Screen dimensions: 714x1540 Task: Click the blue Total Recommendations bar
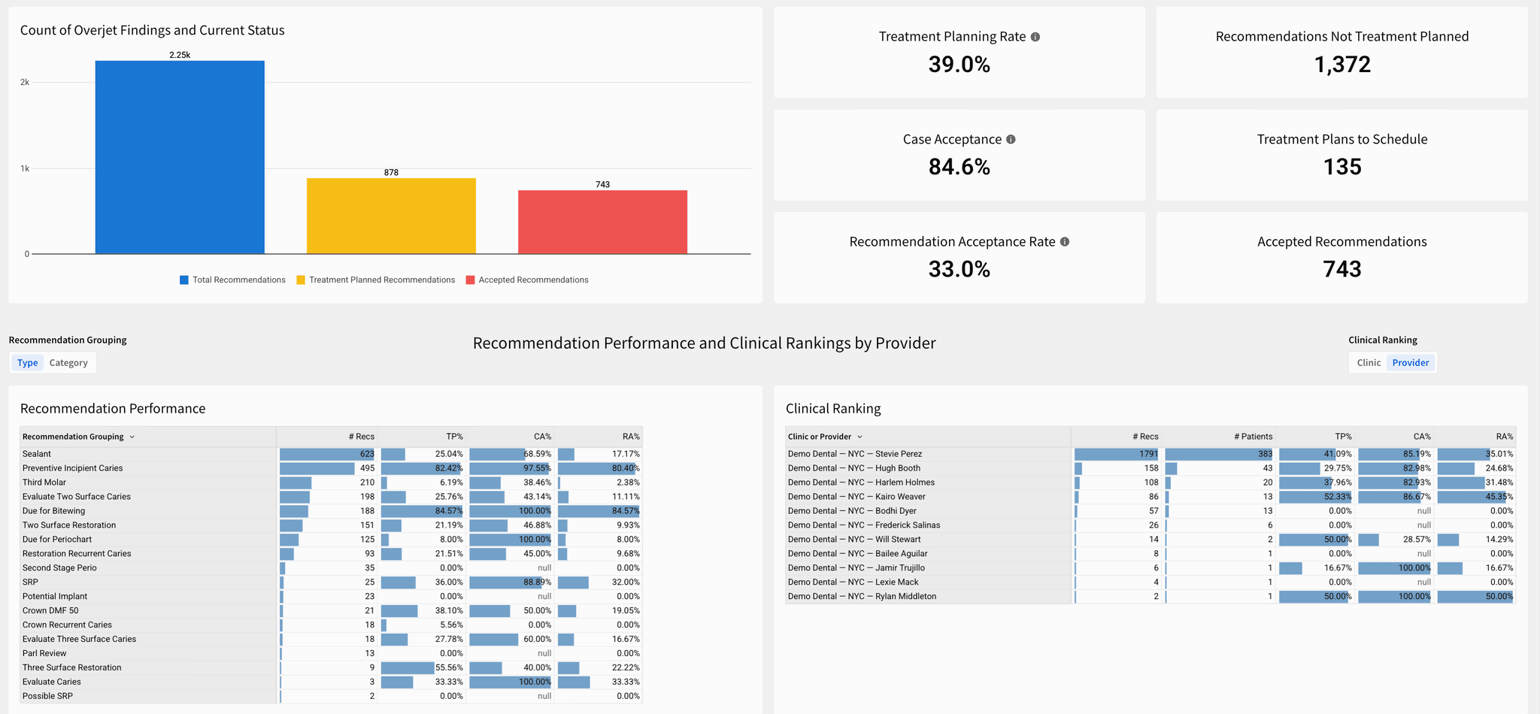click(180, 157)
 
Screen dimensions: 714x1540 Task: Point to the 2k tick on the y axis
click(25, 83)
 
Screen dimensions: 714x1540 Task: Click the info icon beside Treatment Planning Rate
click(1035, 37)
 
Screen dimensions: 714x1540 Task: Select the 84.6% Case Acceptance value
click(959, 166)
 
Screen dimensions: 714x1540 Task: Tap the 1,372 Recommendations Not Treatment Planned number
click(1341, 65)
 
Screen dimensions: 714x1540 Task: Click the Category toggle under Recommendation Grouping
click(68, 363)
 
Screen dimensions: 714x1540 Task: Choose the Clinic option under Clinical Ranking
click(1369, 363)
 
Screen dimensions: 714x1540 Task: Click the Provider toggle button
click(1410, 363)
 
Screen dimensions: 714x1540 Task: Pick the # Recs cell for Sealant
click(328, 454)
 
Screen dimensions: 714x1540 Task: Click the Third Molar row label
click(44, 483)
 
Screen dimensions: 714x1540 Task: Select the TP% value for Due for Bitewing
click(423, 511)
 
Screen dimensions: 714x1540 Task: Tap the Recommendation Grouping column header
click(73, 437)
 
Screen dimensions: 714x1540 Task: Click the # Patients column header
click(1253, 437)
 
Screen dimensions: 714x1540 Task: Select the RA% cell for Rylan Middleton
click(1475, 597)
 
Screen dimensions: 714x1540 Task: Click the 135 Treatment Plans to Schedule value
click(1341, 167)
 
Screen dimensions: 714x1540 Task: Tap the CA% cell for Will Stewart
click(1395, 540)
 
